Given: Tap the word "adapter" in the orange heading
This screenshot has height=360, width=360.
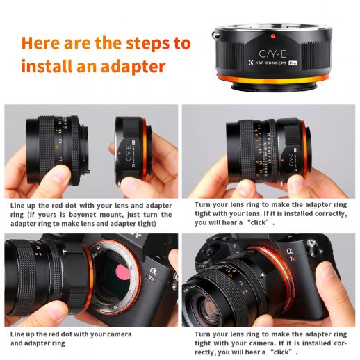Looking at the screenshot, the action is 133,67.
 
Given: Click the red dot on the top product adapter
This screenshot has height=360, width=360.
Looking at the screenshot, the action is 273,36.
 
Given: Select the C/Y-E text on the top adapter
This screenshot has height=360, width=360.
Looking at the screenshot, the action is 272,54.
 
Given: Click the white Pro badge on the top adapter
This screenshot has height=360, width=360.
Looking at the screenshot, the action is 293,63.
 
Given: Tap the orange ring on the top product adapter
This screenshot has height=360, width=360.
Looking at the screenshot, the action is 272,79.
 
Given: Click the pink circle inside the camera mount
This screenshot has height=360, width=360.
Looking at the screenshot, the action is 122,272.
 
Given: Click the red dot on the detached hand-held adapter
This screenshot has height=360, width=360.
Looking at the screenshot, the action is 119,153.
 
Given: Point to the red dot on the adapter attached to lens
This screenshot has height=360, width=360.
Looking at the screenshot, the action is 282,160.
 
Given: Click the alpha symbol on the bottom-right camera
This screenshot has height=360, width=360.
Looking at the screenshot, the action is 290,251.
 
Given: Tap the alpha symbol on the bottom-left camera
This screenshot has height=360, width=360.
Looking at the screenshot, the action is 154,270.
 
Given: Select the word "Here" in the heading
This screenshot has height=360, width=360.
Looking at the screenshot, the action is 40,43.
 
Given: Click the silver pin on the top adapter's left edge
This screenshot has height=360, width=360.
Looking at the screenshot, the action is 214,35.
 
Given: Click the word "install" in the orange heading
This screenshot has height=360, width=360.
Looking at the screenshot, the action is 47,66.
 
